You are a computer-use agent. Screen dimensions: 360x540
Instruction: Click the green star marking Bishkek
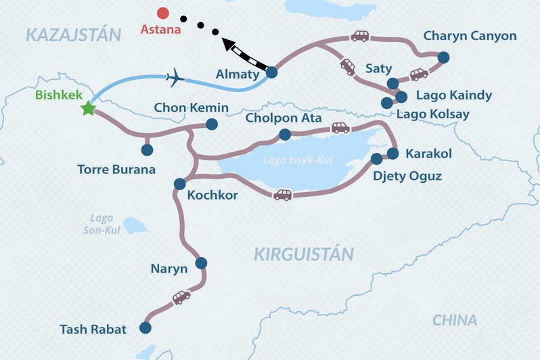coord(87,108)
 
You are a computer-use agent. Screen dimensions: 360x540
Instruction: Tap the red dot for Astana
coord(162,12)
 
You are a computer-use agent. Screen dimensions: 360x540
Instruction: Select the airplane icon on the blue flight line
coord(175,77)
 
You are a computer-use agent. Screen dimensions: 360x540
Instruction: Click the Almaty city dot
coord(272,72)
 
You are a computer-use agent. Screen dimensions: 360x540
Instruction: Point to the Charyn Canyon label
coord(469,36)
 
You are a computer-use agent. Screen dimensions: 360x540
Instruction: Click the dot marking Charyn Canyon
coord(443,58)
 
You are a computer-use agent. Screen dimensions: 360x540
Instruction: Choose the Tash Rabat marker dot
coord(145,328)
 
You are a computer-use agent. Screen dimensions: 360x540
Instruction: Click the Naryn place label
coord(168,269)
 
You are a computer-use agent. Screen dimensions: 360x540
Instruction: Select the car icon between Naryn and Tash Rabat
coord(181,297)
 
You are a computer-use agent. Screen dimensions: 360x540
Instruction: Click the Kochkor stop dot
coord(180,183)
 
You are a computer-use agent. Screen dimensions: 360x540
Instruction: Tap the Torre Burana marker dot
coord(147,150)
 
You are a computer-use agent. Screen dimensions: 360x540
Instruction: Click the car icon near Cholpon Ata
coord(340,127)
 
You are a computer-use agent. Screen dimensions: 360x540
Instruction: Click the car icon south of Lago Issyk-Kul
coord(282,195)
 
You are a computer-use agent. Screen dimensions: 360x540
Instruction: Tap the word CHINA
coord(455,320)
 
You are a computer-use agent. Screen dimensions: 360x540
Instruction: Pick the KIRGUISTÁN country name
coord(304,254)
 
